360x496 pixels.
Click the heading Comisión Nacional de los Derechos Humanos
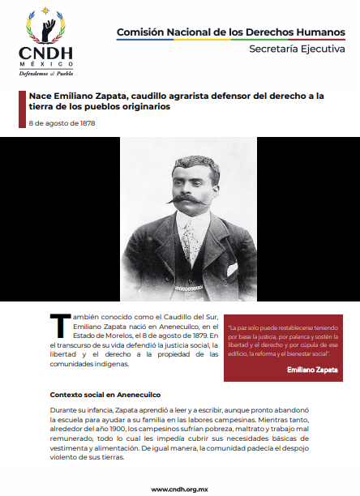[229, 32]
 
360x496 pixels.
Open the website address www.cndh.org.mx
[180, 489]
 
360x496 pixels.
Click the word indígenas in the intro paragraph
[109, 364]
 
